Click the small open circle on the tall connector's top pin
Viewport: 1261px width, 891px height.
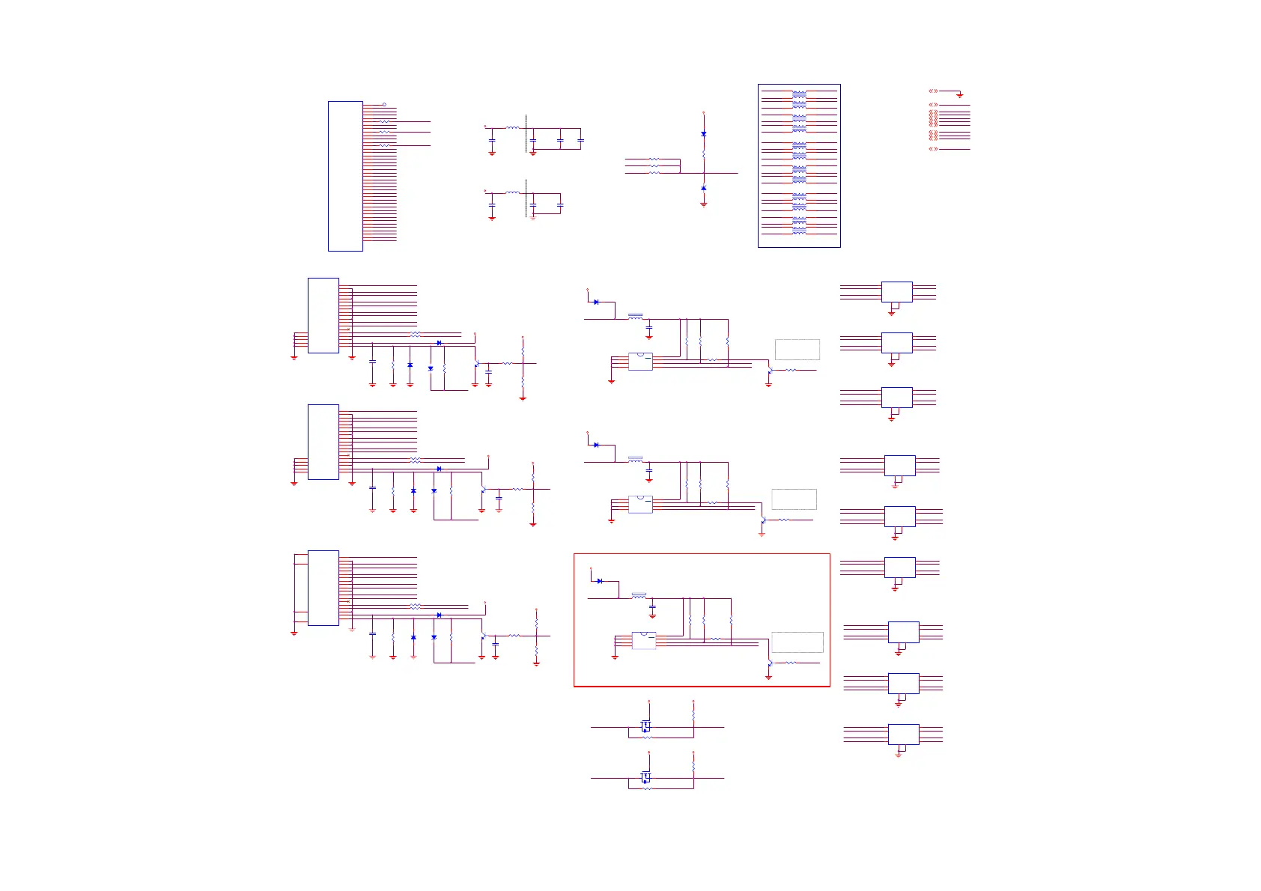pyautogui.click(x=384, y=105)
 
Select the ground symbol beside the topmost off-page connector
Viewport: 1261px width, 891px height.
pyautogui.click(x=959, y=95)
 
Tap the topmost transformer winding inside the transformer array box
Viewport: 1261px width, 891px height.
pyautogui.click(x=799, y=94)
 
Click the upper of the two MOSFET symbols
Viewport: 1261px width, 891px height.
pyautogui.click(x=645, y=726)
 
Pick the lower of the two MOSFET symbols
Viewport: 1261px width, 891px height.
pyautogui.click(x=645, y=777)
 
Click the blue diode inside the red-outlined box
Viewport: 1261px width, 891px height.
pyautogui.click(x=600, y=581)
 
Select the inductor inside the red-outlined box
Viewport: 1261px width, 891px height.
pyautogui.click(x=639, y=596)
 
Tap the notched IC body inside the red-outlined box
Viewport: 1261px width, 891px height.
pyautogui.click(x=644, y=640)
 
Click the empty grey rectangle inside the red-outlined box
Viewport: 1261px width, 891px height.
pyautogui.click(x=797, y=642)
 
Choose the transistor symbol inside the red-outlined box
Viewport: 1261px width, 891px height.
pyautogui.click(x=769, y=663)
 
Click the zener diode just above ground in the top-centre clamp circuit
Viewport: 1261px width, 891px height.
pyautogui.click(x=703, y=188)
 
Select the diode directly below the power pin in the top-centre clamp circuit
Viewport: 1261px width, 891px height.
pyautogui.click(x=703, y=133)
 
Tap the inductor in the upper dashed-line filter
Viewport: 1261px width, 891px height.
pyautogui.click(x=512, y=128)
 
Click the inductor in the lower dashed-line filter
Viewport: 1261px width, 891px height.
pyautogui.click(x=512, y=192)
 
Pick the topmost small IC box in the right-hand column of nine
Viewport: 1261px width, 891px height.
pyautogui.click(x=896, y=292)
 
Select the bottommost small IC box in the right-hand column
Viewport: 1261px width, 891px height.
pyautogui.click(x=903, y=735)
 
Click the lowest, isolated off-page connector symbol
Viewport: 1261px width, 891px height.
pyautogui.click(x=933, y=149)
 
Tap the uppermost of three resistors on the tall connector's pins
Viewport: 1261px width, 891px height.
pyautogui.click(x=384, y=121)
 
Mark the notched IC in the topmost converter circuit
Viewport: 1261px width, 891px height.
pyautogui.click(x=640, y=362)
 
